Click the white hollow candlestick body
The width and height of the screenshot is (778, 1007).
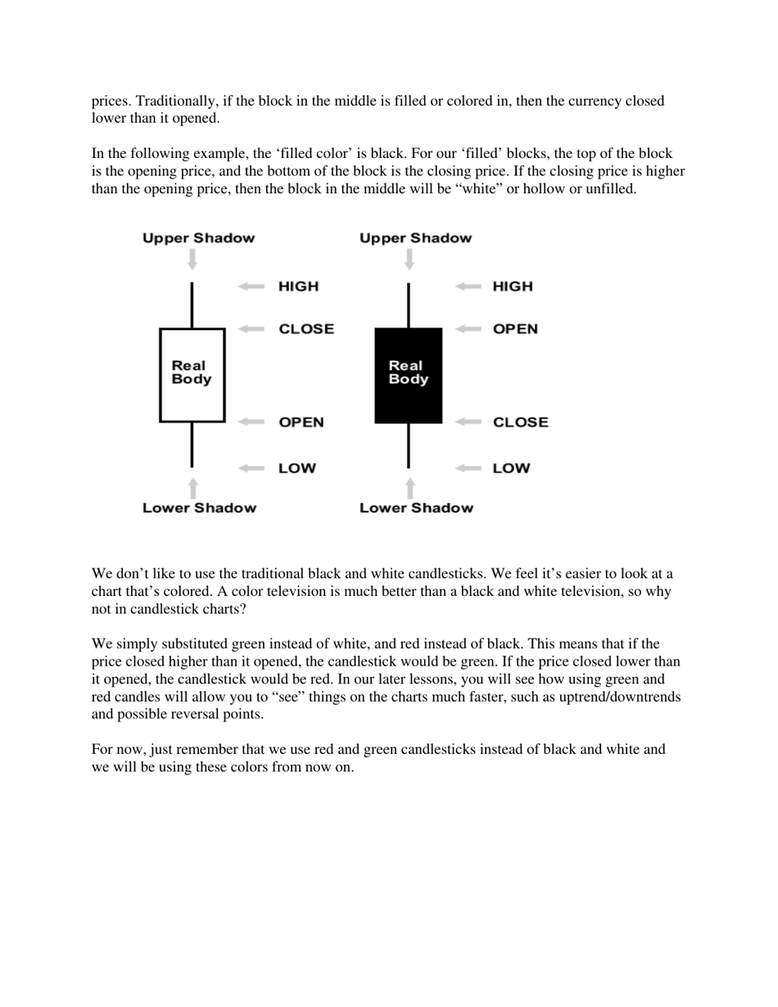(x=192, y=375)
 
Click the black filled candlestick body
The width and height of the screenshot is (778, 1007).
(x=408, y=375)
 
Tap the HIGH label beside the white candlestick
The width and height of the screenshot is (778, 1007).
(x=298, y=287)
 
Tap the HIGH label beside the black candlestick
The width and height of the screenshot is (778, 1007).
(x=512, y=287)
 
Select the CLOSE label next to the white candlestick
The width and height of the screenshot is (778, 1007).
(x=306, y=329)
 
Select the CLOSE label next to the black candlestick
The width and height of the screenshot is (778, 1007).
(x=520, y=422)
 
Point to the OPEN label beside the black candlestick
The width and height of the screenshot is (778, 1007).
(x=515, y=329)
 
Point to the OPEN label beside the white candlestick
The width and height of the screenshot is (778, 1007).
(x=301, y=422)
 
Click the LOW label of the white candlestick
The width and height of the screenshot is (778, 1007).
(x=296, y=468)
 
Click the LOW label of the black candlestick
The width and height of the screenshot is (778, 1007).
(x=511, y=468)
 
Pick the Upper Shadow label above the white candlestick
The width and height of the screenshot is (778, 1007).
(x=198, y=238)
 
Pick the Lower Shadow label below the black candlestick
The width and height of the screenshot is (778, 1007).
(x=416, y=508)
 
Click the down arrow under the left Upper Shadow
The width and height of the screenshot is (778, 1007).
(x=192, y=260)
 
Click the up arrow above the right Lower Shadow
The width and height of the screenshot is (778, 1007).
(x=409, y=488)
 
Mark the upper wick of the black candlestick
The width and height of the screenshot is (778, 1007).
(x=408, y=305)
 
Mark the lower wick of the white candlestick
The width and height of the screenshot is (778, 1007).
(x=192, y=445)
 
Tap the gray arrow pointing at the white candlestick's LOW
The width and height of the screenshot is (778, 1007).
(x=251, y=468)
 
